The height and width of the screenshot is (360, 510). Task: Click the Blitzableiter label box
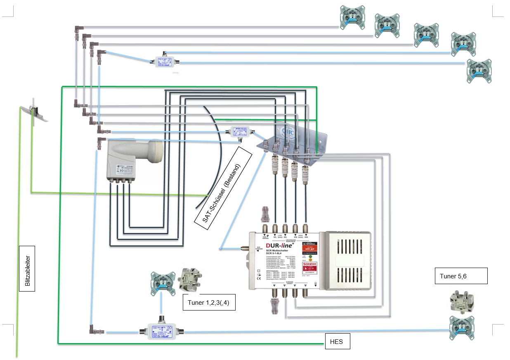27,268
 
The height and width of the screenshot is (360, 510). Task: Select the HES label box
337,341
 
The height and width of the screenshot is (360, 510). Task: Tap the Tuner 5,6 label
461,276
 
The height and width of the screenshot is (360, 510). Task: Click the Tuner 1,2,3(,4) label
209,303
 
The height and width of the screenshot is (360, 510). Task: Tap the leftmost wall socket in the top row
352,17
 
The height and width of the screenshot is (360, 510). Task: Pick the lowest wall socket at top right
479,71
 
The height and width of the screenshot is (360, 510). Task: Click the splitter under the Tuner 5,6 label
463,301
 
